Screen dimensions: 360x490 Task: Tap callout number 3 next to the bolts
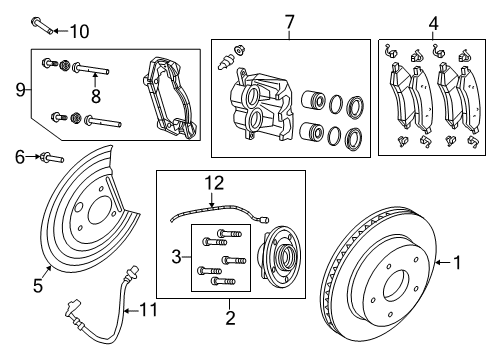(x=178, y=256)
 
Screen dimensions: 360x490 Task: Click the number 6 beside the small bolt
(x=19, y=155)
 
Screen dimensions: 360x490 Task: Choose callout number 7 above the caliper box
(x=289, y=20)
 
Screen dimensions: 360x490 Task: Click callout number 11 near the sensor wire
(x=152, y=312)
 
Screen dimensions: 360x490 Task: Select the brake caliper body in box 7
(x=259, y=107)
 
